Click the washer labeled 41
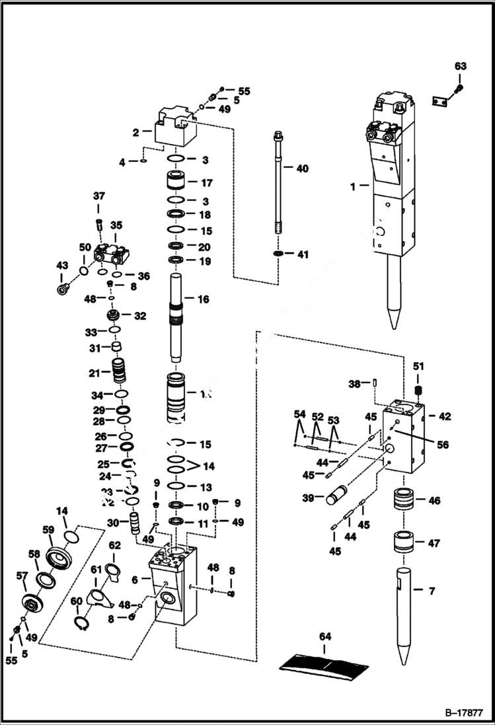[278, 254]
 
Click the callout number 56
[442, 445]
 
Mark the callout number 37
[99, 196]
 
